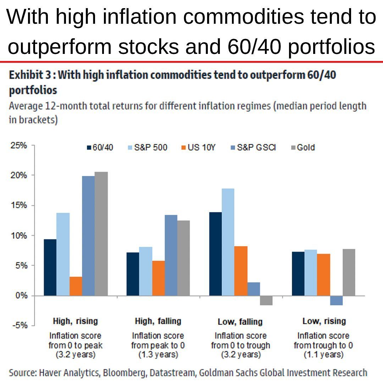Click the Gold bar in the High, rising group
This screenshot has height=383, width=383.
[x=101, y=234]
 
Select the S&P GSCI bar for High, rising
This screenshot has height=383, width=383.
[x=88, y=236]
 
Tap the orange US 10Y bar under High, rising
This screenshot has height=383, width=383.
[x=76, y=286]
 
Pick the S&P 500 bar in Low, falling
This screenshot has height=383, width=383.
[x=228, y=242]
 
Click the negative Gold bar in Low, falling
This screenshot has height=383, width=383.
[x=266, y=300]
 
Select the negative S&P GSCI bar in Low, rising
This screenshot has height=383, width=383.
[x=336, y=300]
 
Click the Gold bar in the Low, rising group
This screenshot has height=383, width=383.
[x=349, y=272]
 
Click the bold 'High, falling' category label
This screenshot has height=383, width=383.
[x=158, y=321]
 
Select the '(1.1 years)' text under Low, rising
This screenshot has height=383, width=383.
[x=323, y=354]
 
